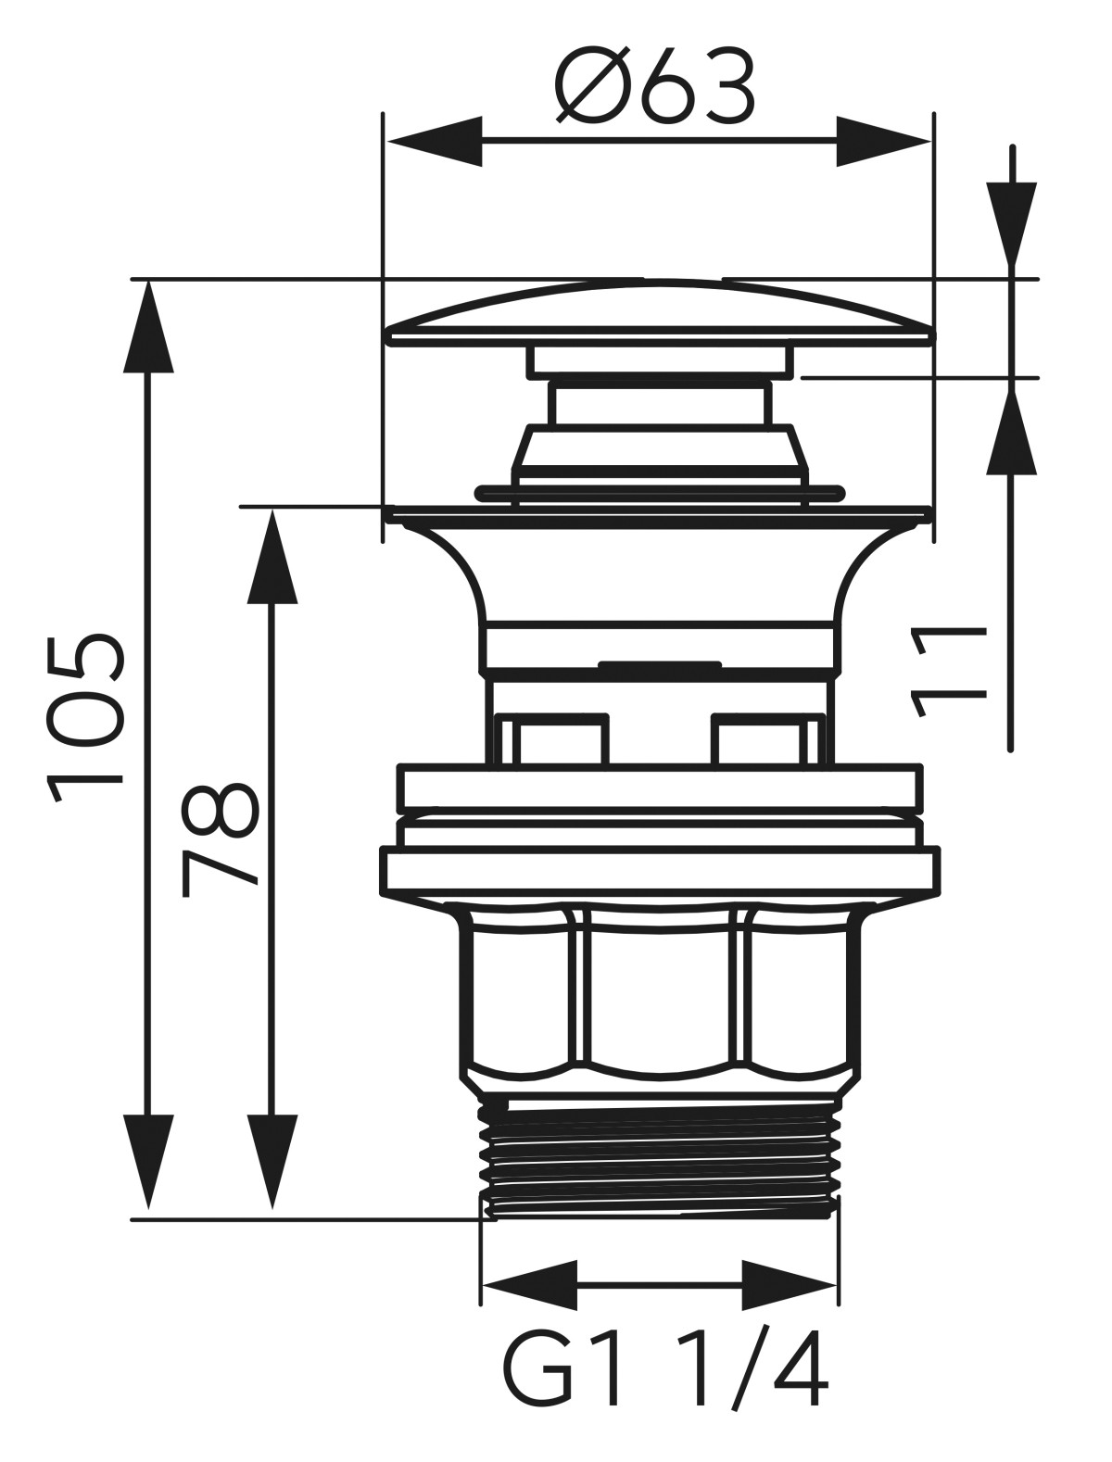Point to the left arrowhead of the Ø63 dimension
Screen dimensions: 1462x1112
[436, 142]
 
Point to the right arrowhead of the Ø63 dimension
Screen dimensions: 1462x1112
[882, 142]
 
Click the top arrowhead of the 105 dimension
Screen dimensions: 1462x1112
[148, 329]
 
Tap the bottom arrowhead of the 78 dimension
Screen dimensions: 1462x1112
[272, 1158]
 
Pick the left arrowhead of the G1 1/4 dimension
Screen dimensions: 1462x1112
[530, 1285]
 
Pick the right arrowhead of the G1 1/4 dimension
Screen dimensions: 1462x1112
[790, 1285]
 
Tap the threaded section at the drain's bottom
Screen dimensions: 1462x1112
[660, 1158]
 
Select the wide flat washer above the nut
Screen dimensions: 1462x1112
[660, 871]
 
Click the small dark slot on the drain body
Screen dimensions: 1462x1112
[660, 664]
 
